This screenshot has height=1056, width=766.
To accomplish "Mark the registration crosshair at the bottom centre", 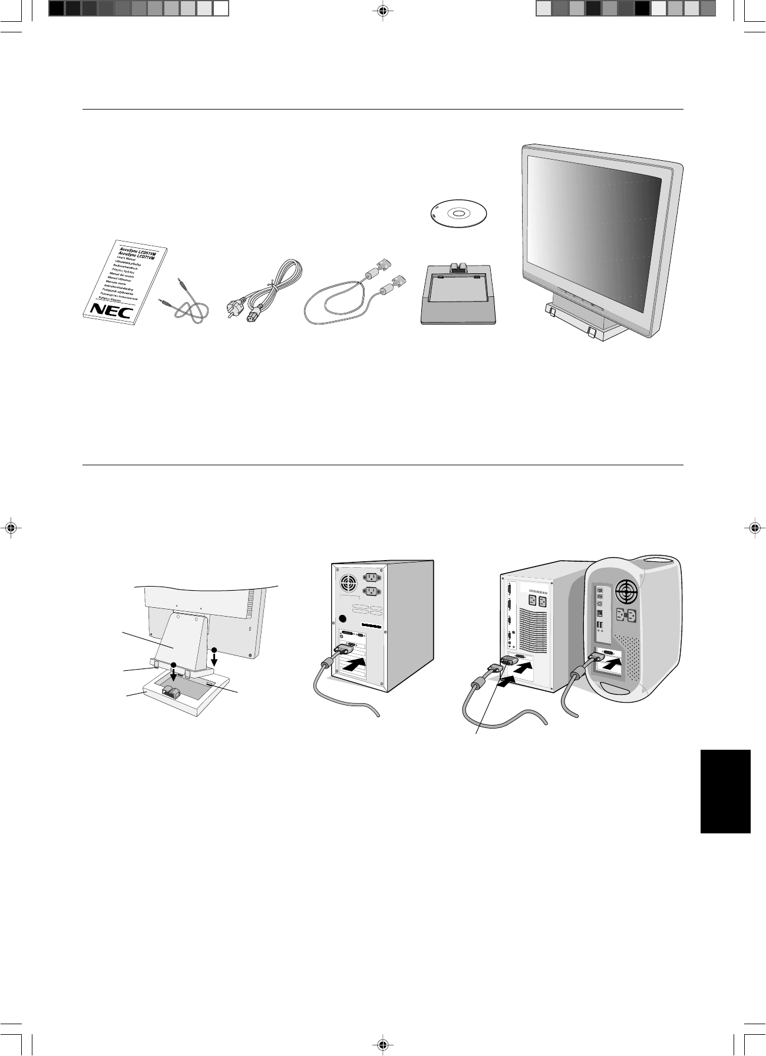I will tap(383, 1044).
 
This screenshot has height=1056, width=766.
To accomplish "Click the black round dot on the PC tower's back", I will tap(342, 620).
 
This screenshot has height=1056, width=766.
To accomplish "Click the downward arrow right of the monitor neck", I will tap(214, 655).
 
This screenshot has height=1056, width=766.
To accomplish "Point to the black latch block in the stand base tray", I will tap(170, 691).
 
